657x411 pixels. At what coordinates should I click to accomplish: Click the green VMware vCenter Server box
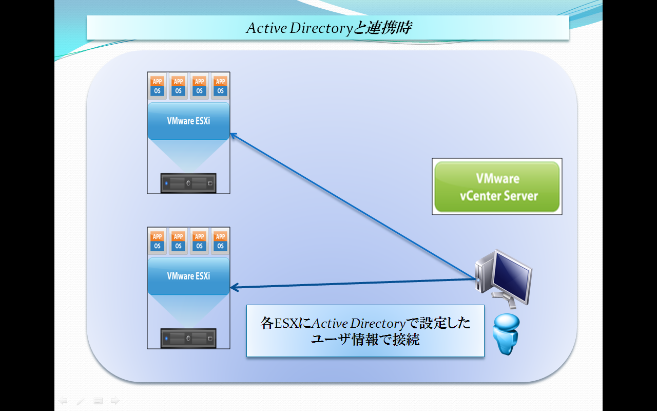tap(497, 186)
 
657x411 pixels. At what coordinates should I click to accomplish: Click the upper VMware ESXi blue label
tap(188, 121)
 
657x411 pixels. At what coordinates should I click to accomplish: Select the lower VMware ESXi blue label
tap(188, 276)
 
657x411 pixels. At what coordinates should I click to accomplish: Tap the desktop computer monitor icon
tap(504, 278)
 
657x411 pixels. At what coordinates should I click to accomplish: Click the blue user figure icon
tap(506, 334)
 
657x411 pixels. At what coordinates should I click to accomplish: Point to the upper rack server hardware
tap(188, 183)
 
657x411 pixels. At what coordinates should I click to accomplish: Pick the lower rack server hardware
tap(188, 338)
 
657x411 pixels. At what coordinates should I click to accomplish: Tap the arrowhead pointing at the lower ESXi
tap(234, 287)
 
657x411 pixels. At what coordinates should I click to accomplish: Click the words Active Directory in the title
tap(299, 28)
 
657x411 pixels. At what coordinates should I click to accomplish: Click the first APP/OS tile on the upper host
tap(157, 86)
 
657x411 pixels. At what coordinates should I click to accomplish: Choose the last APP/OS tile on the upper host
tap(220, 86)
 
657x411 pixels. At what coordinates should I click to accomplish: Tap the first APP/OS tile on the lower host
tap(157, 241)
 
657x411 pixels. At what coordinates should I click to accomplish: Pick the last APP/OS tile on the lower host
tap(220, 241)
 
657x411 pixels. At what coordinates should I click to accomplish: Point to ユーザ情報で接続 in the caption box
tap(365, 340)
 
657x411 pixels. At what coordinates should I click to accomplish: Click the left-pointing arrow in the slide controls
tap(63, 400)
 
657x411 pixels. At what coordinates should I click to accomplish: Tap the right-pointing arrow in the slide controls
tap(115, 400)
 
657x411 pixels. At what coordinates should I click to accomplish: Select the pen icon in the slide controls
tap(81, 401)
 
